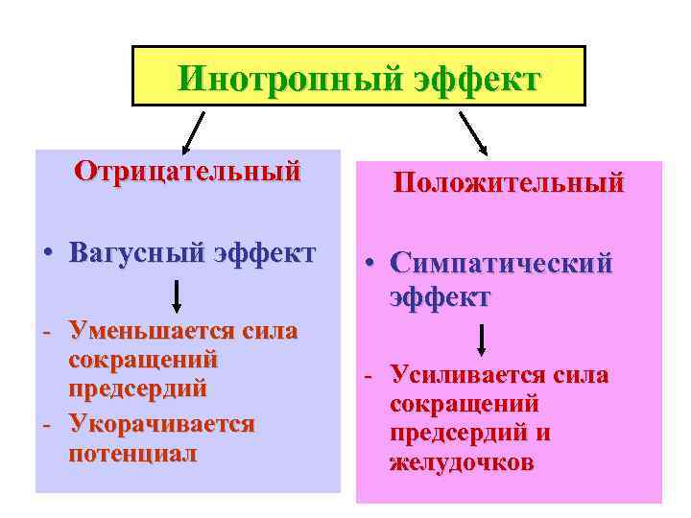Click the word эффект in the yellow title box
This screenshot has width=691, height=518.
tap(476, 77)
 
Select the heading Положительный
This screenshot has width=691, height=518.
tap(508, 181)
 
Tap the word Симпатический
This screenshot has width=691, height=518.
tap(500, 264)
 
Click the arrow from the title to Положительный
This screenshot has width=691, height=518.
tap(474, 132)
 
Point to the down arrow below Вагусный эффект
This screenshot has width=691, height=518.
tap(177, 295)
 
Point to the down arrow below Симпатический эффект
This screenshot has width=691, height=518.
tap(482, 341)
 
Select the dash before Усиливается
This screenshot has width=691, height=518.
tap(368, 376)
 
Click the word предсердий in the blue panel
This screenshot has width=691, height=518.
tap(138, 389)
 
